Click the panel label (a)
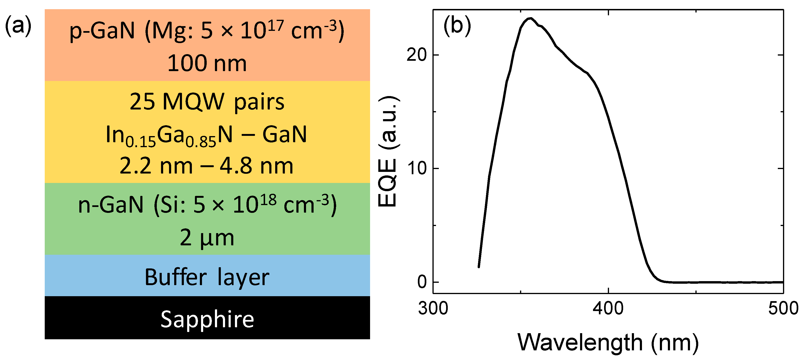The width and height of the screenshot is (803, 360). [18, 26]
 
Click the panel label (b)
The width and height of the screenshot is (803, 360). [457, 26]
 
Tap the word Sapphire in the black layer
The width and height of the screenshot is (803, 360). [207, 319]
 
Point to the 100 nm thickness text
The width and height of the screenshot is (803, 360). [207, 63]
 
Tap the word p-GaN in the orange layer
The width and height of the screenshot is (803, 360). [102, 31]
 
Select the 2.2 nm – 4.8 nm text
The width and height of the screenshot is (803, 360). [207, 166]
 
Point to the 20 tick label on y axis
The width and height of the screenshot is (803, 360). [416, 55]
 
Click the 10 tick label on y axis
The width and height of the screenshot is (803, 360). [416, 169]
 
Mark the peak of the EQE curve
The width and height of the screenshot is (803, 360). [530, 18]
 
